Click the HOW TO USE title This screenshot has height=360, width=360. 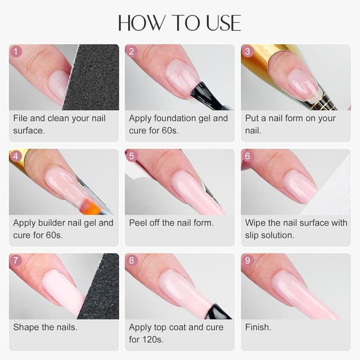(x=179, y=22)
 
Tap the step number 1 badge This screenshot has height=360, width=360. (x=16, y=52)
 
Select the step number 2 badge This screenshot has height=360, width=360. (x=132, y=52)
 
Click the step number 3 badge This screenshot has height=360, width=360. (x=248, y=52)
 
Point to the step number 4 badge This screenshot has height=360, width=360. (x=16, y=156)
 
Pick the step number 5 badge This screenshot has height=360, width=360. (x=132, y=156)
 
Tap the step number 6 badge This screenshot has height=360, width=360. (x=248, y=156)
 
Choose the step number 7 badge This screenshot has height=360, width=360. (x=16, y=260)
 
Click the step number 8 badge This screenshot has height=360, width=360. (x=132, y=260)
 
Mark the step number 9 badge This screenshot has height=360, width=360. (x=248, y=260)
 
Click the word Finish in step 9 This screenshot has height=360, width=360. (x=258, y=327)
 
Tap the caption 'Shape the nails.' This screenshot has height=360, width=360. (x=45, y=327)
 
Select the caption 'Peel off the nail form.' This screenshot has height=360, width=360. (x=171, y=223)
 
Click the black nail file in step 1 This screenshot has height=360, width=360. (x=93, y=79)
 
